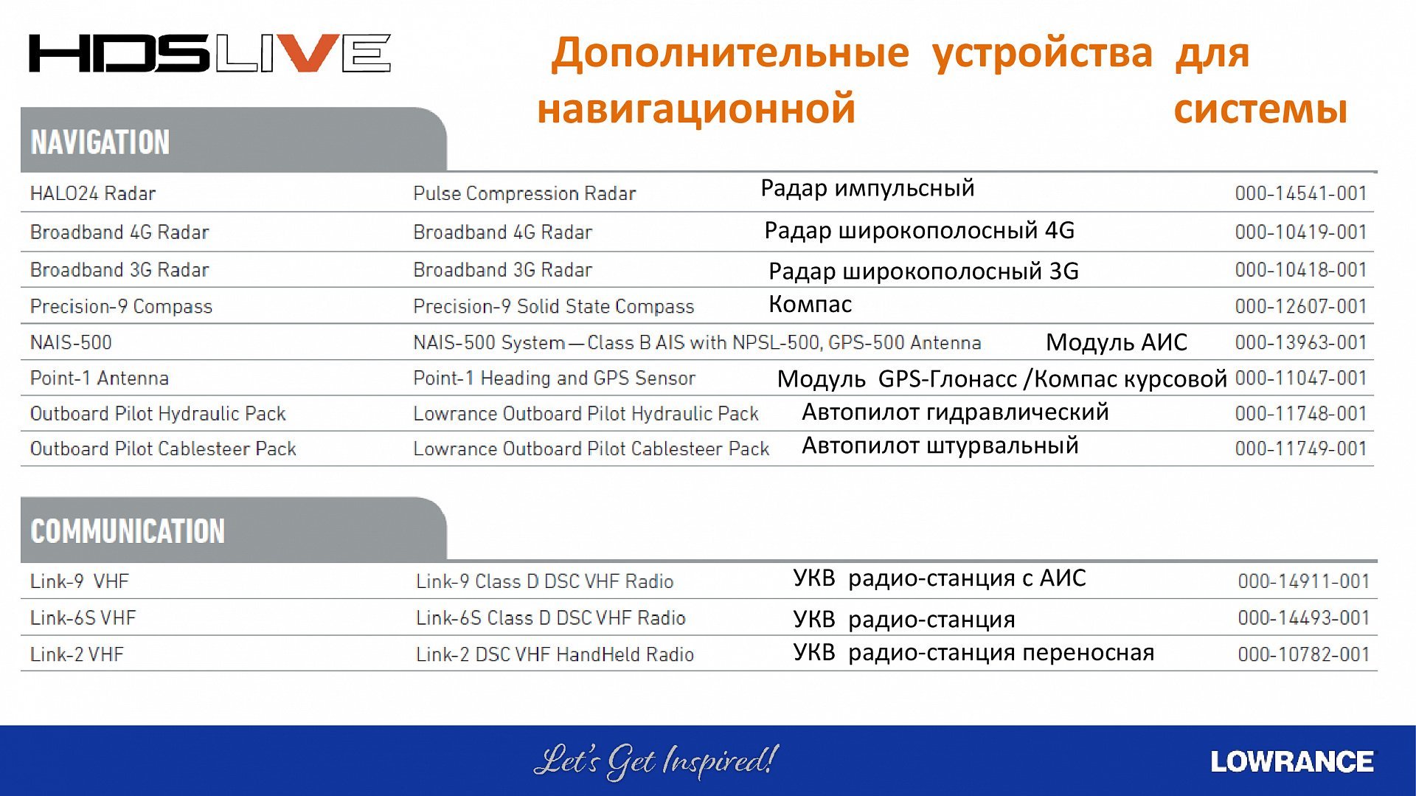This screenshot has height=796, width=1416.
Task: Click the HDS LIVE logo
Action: click(x=210, y=53)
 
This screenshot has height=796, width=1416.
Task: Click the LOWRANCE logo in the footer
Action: click(x=1292, y=761)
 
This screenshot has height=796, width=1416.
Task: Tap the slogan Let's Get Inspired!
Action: click(x=656, y=761)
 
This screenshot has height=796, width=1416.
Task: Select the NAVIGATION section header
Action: click(x=100, y=142)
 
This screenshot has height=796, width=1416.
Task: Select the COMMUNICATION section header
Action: click(x=128, y=531)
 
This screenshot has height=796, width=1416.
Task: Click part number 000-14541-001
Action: click(x=1301, y=193)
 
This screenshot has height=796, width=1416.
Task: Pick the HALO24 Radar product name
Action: click(x=93, y=193)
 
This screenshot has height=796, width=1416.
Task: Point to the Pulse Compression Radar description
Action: click(x=524, y=193)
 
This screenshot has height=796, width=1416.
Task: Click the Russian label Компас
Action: click(x=810, y=304)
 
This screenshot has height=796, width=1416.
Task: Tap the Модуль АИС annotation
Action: click(x=1117, y=342)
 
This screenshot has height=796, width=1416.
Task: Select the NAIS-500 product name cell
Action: click(x=71, y=342)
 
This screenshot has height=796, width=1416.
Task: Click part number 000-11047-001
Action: click(x=1301, y=378)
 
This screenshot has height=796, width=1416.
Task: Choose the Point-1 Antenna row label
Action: click(x=100, y=378)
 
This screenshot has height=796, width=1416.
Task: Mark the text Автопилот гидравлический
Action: click(x=955, y=412)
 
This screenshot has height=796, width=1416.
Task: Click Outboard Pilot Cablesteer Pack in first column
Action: click(x=163, y=449)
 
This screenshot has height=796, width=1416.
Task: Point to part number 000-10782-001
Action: click(x=1304, y=654)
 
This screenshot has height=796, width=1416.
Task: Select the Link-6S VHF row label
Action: click(x=83, y=617)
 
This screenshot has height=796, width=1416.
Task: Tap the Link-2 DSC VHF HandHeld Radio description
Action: click(x=555, y=654)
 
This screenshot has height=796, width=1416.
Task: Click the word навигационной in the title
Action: click(x=696, y=109)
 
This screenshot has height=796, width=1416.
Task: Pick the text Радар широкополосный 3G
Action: click(x=923, y=271)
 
